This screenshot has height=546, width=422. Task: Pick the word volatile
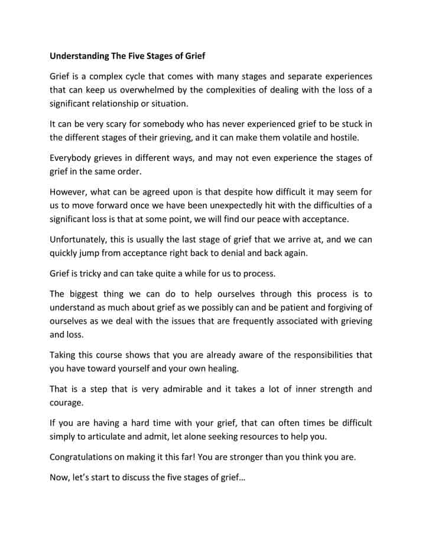pyautogui.click(x=311, y=137)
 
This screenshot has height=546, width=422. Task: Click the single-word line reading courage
pyautogui.click(x=67, y=402)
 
